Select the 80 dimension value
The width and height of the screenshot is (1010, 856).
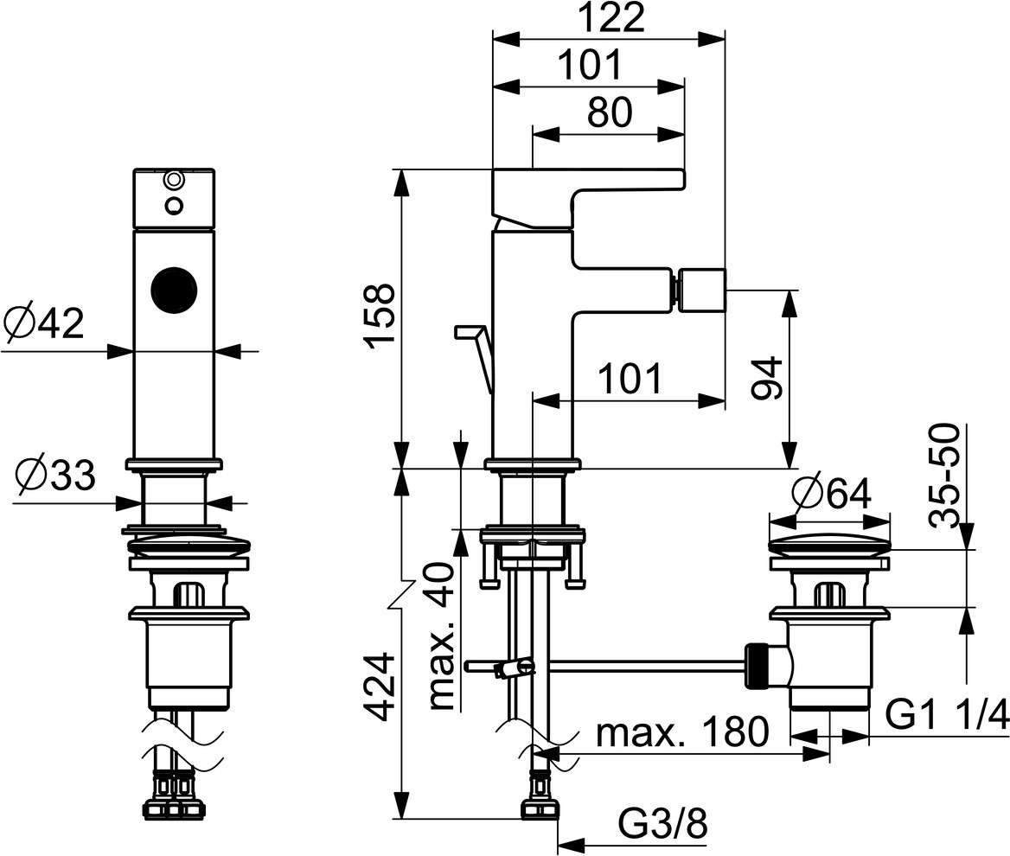pos(611,112)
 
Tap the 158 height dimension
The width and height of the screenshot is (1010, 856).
pos(381,316)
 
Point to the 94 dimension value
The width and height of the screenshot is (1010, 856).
pos(768,378)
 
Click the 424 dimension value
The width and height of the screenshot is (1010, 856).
pos(381,687)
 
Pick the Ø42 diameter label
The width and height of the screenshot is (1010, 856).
pos(44,323)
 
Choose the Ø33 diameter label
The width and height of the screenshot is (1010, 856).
pos(54,475)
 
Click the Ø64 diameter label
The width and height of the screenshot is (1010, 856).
pos(831,495)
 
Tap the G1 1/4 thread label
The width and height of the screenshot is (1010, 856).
pos(948,717)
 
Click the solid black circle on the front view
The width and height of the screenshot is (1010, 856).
pos(174,289)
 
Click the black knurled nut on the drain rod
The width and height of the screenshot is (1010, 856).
pos(757,665)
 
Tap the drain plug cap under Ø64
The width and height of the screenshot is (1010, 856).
pos(829,546)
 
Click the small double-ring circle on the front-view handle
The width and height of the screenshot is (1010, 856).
pos(175,181)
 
